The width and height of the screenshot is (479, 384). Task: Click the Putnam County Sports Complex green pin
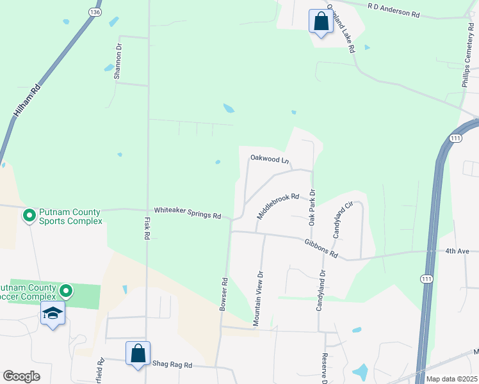[29, 216]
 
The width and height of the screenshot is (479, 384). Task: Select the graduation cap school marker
[53, 314]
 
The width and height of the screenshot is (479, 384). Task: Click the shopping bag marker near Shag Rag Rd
[138, 353]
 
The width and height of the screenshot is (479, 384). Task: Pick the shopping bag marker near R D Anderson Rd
[320, 21]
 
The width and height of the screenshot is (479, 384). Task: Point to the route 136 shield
[95, 12]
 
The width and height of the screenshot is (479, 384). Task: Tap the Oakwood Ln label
[270, 157]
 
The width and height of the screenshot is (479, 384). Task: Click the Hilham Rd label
[27, 100]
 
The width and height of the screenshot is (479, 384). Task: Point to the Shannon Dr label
[118, 61]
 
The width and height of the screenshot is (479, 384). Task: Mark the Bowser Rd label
[224, 294]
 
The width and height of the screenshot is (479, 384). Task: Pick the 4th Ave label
[458, 251]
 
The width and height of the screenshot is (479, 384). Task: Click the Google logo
[21, 376]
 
